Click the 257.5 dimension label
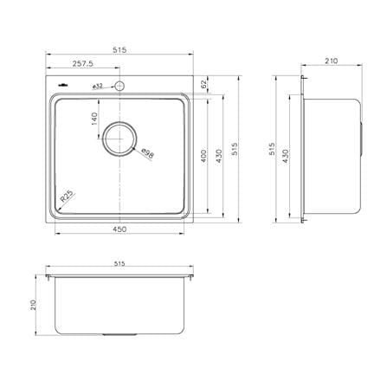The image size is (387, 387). [82, 64]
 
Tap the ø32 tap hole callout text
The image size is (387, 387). [98, 87]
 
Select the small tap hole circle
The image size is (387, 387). [119, 86]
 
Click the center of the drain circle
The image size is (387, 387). [119, 139]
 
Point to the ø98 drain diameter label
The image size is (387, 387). [148, 153]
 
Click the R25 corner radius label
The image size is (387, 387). [68, 197]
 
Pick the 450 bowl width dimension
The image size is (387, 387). [119, 229]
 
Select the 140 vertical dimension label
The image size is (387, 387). [94, 119]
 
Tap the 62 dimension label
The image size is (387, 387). [203, 84]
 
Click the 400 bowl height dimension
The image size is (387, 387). [203, 156]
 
